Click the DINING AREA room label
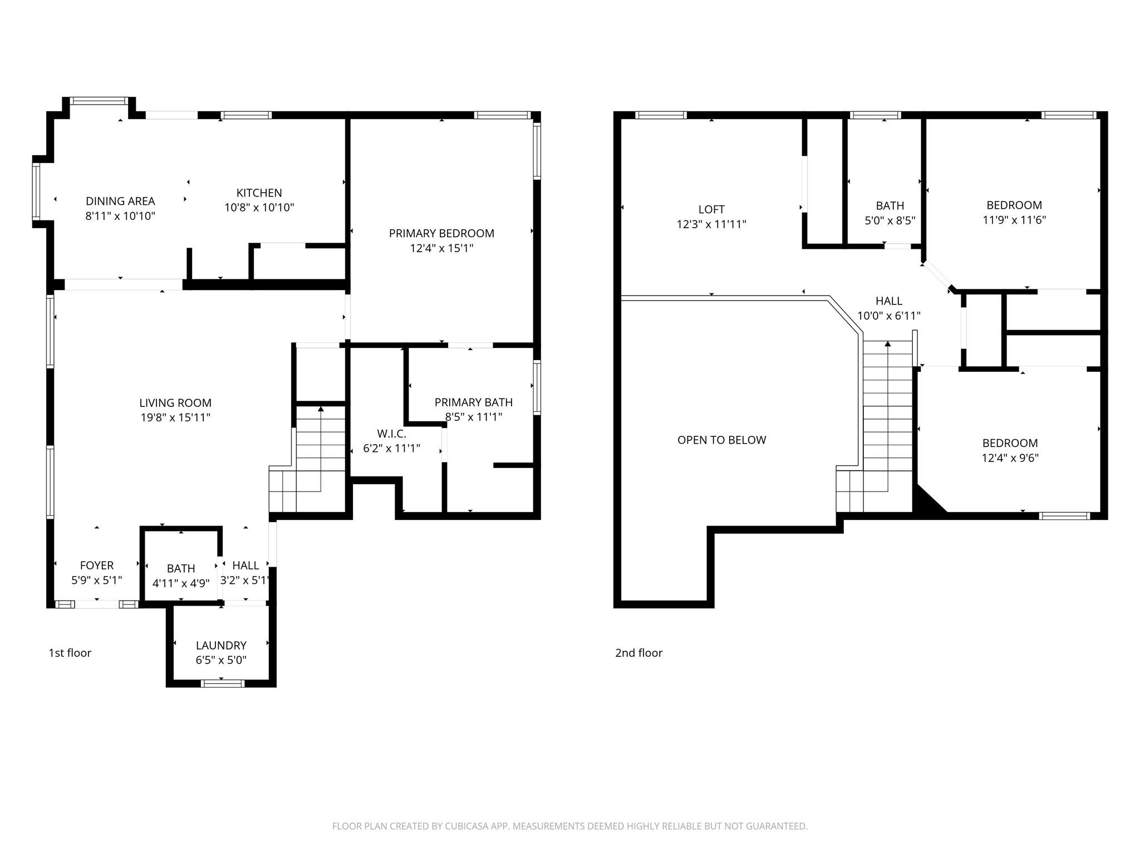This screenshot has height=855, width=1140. point(120,201)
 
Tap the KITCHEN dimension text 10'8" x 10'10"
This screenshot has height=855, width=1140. point(259,208)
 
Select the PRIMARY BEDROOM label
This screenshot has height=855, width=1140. point(441,233)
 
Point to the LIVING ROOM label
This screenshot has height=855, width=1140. point(175,402)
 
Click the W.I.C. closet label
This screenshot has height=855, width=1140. point(391,433)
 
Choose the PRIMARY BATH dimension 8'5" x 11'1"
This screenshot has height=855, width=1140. point(473,417)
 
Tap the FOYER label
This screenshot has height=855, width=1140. point(96,566)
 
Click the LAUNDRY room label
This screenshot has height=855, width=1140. point(221,645)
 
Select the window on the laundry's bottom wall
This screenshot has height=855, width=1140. point(222,683)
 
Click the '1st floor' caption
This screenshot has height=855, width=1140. point(70,652)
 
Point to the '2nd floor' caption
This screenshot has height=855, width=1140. point(638,652)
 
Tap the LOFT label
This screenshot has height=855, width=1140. point(711,209)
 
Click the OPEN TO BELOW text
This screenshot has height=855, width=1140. point(721,440)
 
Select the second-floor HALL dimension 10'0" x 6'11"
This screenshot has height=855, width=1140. point(888,316)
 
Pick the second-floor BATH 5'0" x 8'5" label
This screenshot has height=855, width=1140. point(890,205)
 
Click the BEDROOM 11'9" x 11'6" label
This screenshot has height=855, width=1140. point(1014,205)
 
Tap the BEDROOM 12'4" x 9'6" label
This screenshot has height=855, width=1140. point(1010,443)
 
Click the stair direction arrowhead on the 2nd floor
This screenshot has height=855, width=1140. point(888,344)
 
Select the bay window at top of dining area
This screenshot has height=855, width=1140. point(99,101)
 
